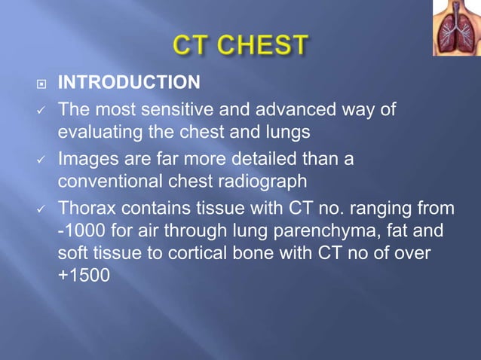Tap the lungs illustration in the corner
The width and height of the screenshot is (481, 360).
(456, 29)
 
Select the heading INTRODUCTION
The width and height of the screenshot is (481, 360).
(130, 81)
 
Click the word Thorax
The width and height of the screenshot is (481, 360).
(86, 208)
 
